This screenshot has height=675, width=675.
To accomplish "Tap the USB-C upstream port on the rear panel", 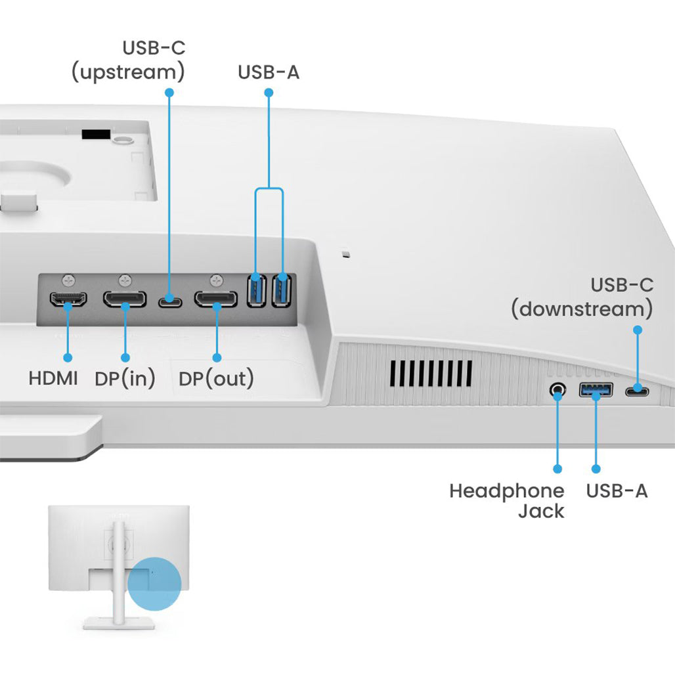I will coord(170,301).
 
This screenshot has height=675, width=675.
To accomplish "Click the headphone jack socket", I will coord(557,390).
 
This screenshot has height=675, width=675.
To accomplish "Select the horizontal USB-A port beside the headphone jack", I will coord(596,390).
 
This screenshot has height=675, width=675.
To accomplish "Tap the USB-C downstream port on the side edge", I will coord(636,391).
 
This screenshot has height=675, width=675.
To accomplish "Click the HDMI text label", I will coord(53,379).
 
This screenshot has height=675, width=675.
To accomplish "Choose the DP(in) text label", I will coord(125,379).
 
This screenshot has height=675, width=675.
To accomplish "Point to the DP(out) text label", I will coord(216,379).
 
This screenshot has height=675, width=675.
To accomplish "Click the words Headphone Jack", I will coord(506,500).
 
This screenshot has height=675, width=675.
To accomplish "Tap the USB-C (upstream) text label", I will coord(128,60).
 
